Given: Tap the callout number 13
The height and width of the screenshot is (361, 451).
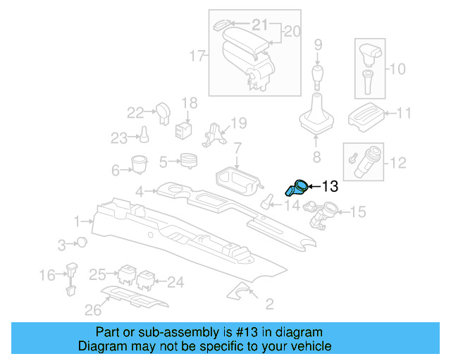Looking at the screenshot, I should (329, 187).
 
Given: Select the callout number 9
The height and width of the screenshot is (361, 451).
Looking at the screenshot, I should (318, 46).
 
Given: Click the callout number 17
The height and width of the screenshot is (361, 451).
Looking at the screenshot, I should (197, 54).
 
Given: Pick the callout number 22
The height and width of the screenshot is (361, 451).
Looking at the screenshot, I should (135, 111).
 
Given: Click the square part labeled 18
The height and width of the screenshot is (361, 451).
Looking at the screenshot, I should (184, 129).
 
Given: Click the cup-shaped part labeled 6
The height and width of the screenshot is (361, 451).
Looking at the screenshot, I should (139, 164).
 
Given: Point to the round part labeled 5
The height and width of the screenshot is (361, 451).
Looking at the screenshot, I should (188, 161).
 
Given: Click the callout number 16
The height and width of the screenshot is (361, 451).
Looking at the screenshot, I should (47, 274).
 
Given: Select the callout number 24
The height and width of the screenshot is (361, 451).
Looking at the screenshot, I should (175, 282).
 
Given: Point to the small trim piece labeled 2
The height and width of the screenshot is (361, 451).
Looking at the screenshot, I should (245, 293).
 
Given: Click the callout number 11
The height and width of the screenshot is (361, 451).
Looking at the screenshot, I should (404, 113).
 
